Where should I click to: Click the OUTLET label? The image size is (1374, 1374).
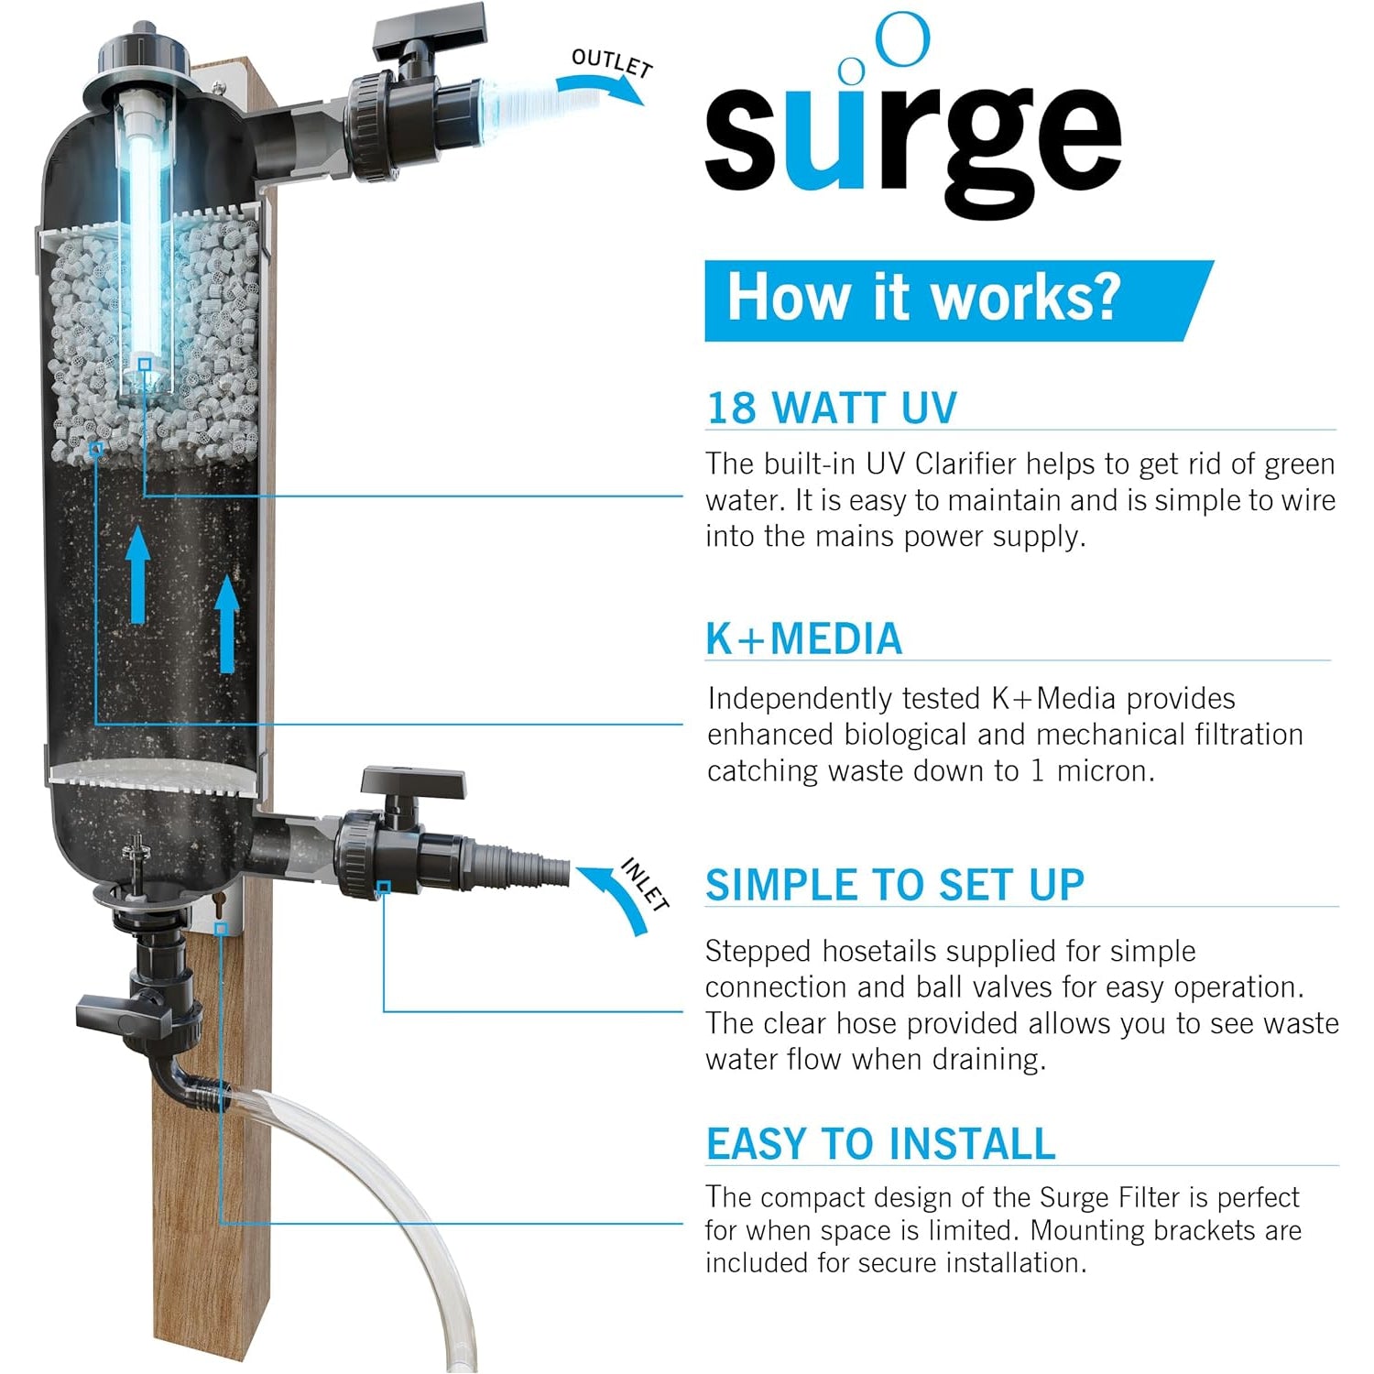(x=612, y=62)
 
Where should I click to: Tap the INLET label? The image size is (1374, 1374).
(x=645, y=884)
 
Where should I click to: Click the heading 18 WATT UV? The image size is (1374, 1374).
(x=832, y=408)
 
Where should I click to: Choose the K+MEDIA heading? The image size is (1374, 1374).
(x=803, y=638)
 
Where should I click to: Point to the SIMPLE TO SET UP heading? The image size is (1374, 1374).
(x=894, y=885)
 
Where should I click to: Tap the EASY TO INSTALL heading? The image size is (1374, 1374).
(x=880, y=1144)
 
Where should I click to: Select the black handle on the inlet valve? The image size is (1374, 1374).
(x=412, y=782)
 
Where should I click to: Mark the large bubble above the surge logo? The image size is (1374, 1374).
(x=903, y=39)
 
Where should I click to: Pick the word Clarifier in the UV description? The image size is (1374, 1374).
(x=965, y=464)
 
